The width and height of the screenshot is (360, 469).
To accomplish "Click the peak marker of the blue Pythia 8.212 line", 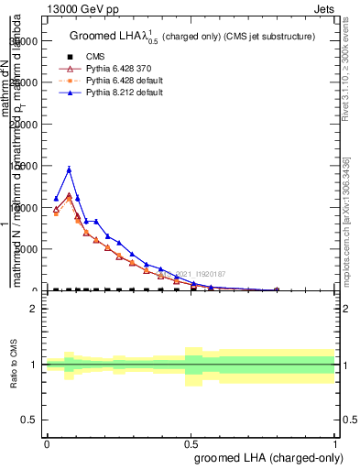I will click(x=69, y=169).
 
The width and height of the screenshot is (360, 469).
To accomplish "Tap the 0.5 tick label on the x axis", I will click(x=191, y=442).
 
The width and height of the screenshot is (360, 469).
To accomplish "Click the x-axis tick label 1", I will click(x=335, y=442).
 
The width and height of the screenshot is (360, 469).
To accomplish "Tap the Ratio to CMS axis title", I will click(x=14, y=365).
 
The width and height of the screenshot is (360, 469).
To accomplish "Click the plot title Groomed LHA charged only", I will click(x=192, y=36).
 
